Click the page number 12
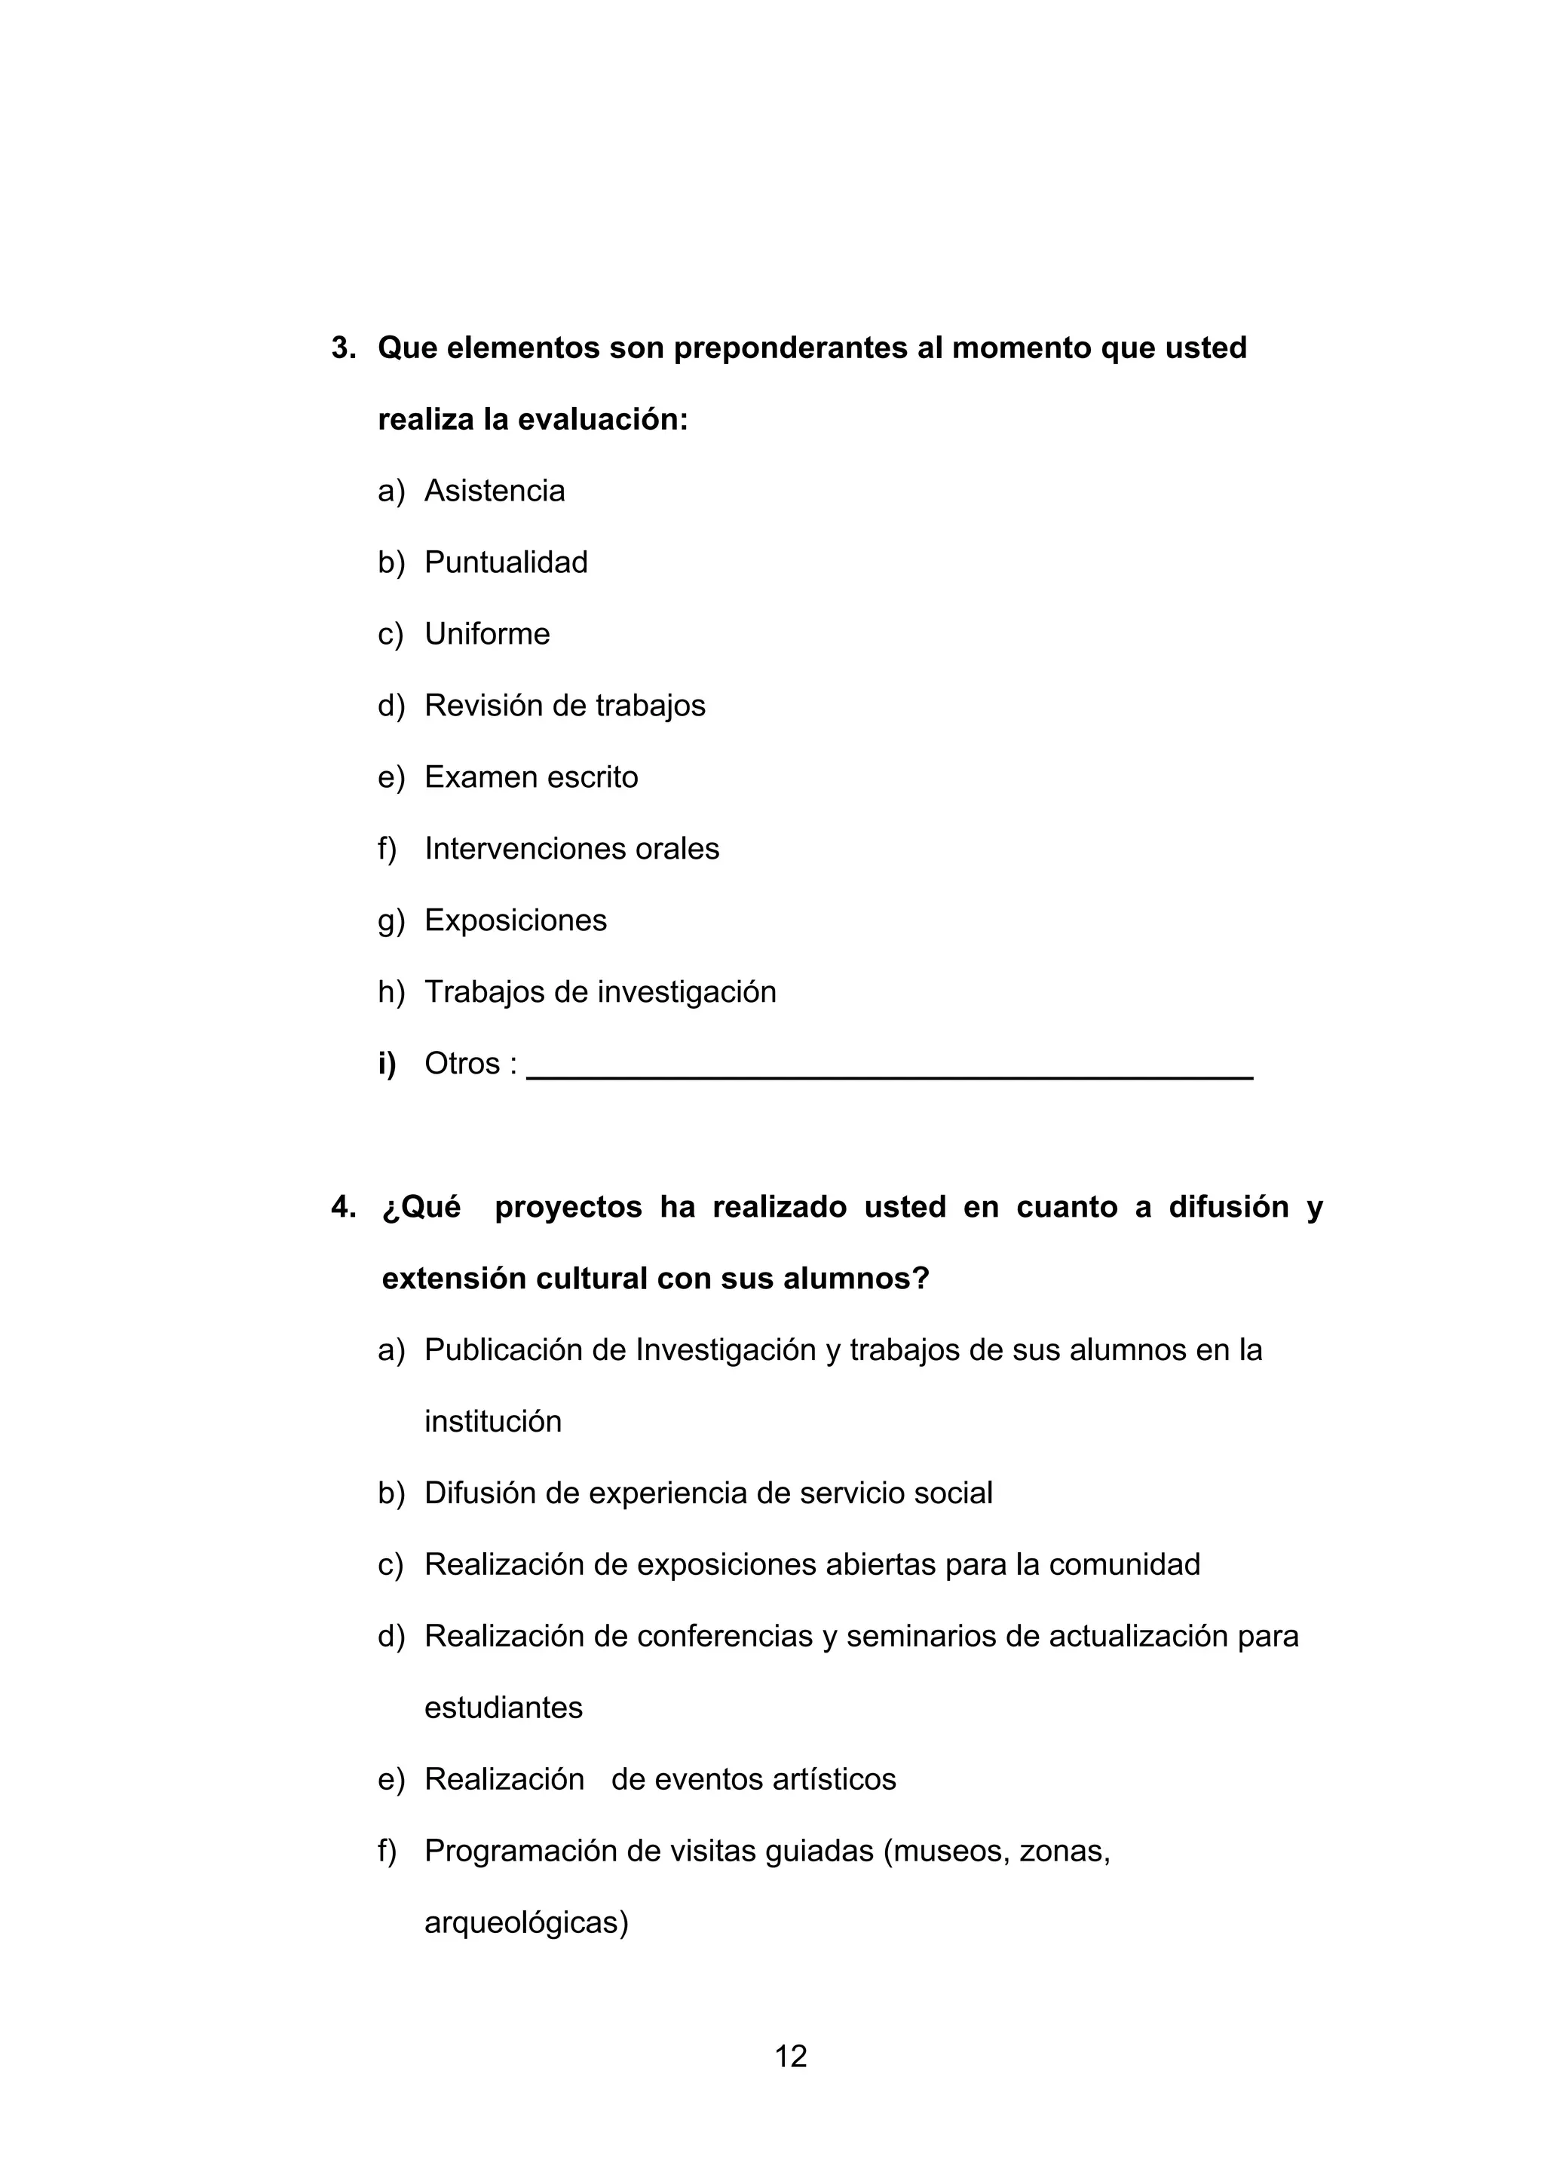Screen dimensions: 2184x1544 (x=791, y=2056)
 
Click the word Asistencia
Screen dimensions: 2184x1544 (x=494, y=491)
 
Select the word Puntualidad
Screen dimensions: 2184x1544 (x=505, y=562)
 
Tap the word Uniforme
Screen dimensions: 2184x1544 (x=486, y=633)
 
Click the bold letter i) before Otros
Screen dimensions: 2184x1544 (x=386, y=1064)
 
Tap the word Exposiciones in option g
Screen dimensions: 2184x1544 (x=515, y=920)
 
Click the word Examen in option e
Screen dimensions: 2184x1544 (x=473, y=777)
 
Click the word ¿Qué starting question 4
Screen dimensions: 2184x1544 (x=421, y=1207)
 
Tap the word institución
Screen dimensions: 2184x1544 (x=493, y=1421)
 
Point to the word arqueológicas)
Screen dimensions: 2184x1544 (x=526, y=1922)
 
